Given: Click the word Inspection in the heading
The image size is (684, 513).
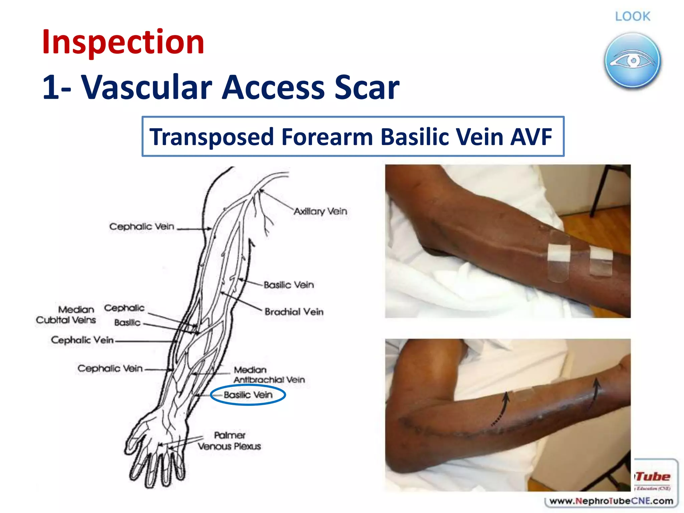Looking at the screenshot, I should click(123, 42).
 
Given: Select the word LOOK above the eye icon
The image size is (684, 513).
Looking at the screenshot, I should click(633, 16).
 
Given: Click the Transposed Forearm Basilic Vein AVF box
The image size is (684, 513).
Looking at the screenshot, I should click(353, 137).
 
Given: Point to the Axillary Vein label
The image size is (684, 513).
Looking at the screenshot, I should click(320, 211).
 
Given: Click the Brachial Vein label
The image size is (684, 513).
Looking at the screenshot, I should click(294, 312).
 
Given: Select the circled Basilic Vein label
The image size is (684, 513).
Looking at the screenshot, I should click(248, 395).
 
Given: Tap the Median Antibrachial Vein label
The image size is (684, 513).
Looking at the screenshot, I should click(269, 375).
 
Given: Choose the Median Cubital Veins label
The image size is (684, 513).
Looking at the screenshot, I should click(66, 315).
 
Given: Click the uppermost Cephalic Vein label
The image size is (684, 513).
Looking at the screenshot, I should click(142, 226).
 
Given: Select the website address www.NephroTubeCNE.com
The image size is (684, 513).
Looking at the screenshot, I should click(611, 501).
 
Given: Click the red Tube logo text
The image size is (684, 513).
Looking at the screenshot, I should click(653, 476).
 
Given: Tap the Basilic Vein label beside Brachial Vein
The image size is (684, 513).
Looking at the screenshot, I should click(289, 285).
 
